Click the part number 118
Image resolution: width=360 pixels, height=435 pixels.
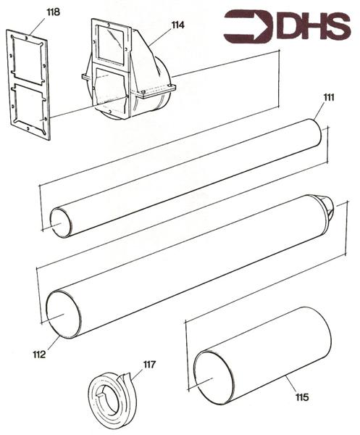pos(53,12)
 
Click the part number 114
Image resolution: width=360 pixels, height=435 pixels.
pos(177,25)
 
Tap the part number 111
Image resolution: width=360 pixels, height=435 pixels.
pos(329,98)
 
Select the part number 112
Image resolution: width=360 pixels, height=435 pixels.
pos(39,355)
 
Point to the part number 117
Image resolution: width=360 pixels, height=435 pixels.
pos(149,364)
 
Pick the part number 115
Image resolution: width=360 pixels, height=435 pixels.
pos(302,397)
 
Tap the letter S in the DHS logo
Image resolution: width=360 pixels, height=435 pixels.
pos(338,25)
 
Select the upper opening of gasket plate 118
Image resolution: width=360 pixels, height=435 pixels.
pos(27,59)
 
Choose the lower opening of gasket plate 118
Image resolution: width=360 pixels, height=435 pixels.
pos(30,107)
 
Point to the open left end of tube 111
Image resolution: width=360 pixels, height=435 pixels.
pos(60,223)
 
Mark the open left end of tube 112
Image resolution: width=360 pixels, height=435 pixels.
pos(64,314)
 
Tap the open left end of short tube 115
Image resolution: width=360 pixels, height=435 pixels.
pos(213,378)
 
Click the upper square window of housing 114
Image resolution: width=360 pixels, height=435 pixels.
pos(110,43)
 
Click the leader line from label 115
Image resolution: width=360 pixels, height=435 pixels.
pos(293,384)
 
